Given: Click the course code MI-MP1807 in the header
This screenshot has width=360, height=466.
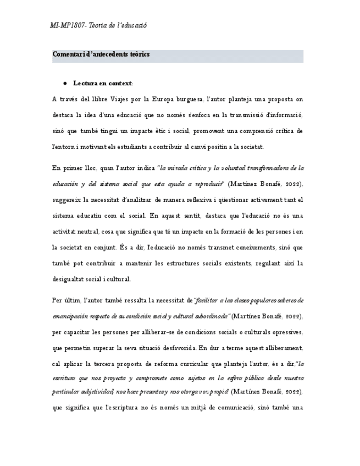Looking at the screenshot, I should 67,26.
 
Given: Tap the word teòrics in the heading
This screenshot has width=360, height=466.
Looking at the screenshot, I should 140,54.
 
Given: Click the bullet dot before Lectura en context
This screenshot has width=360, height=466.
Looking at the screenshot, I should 65,84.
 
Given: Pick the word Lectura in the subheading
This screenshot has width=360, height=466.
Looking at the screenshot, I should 85,84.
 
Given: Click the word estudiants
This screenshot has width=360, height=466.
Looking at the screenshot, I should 143,147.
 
